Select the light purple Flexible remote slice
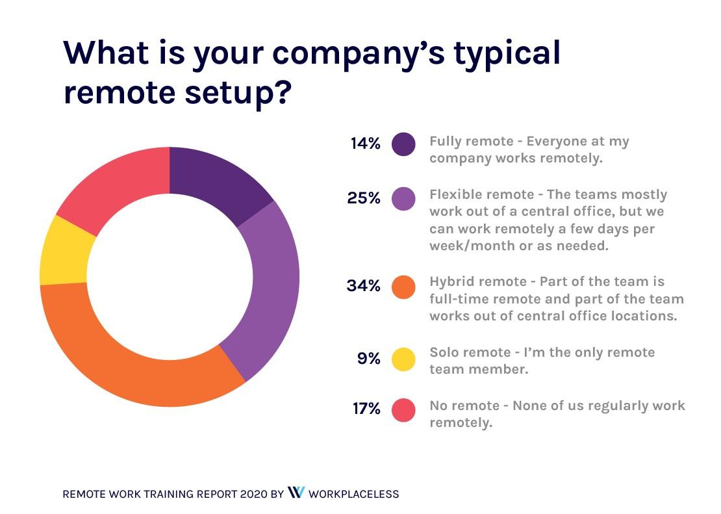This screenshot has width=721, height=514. pos(270,286)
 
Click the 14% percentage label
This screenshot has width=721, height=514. pos(365,144)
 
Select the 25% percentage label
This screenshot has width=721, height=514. pos(364,198)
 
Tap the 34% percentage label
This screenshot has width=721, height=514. pos(364,286)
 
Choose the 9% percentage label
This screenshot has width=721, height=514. pos(368,357)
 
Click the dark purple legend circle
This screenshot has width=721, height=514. pos(403,144)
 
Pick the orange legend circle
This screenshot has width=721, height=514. pos(403,287)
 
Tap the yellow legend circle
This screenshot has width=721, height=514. pos(403,359)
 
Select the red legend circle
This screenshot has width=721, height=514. pos(403,410)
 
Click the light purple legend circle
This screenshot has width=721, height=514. pos(403,199)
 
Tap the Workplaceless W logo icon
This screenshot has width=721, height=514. pos(296,493)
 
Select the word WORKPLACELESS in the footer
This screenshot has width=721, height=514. pos(353,494)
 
